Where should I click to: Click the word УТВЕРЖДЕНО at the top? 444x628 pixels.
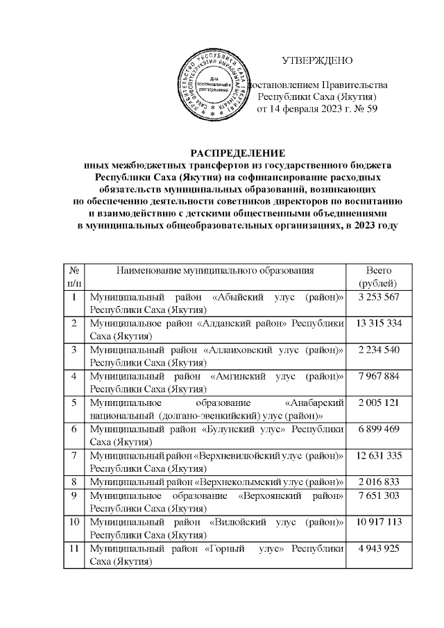[316, 60]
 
